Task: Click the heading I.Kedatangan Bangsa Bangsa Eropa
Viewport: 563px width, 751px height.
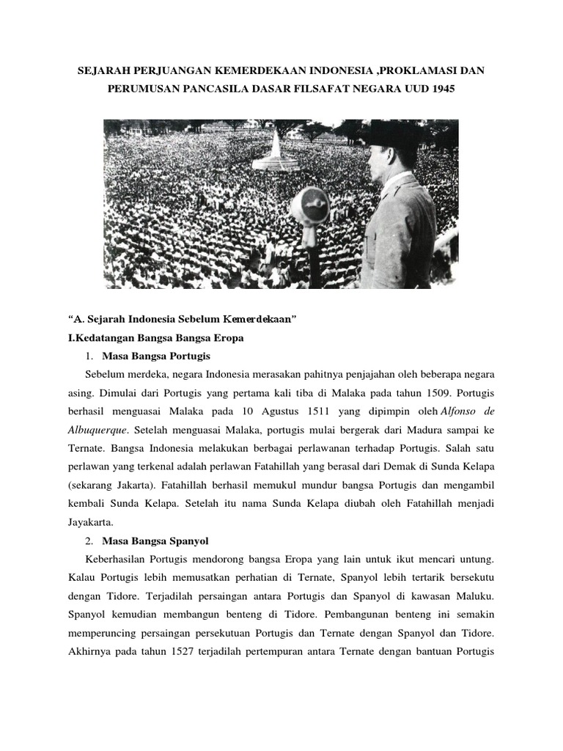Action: pos(155,338)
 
